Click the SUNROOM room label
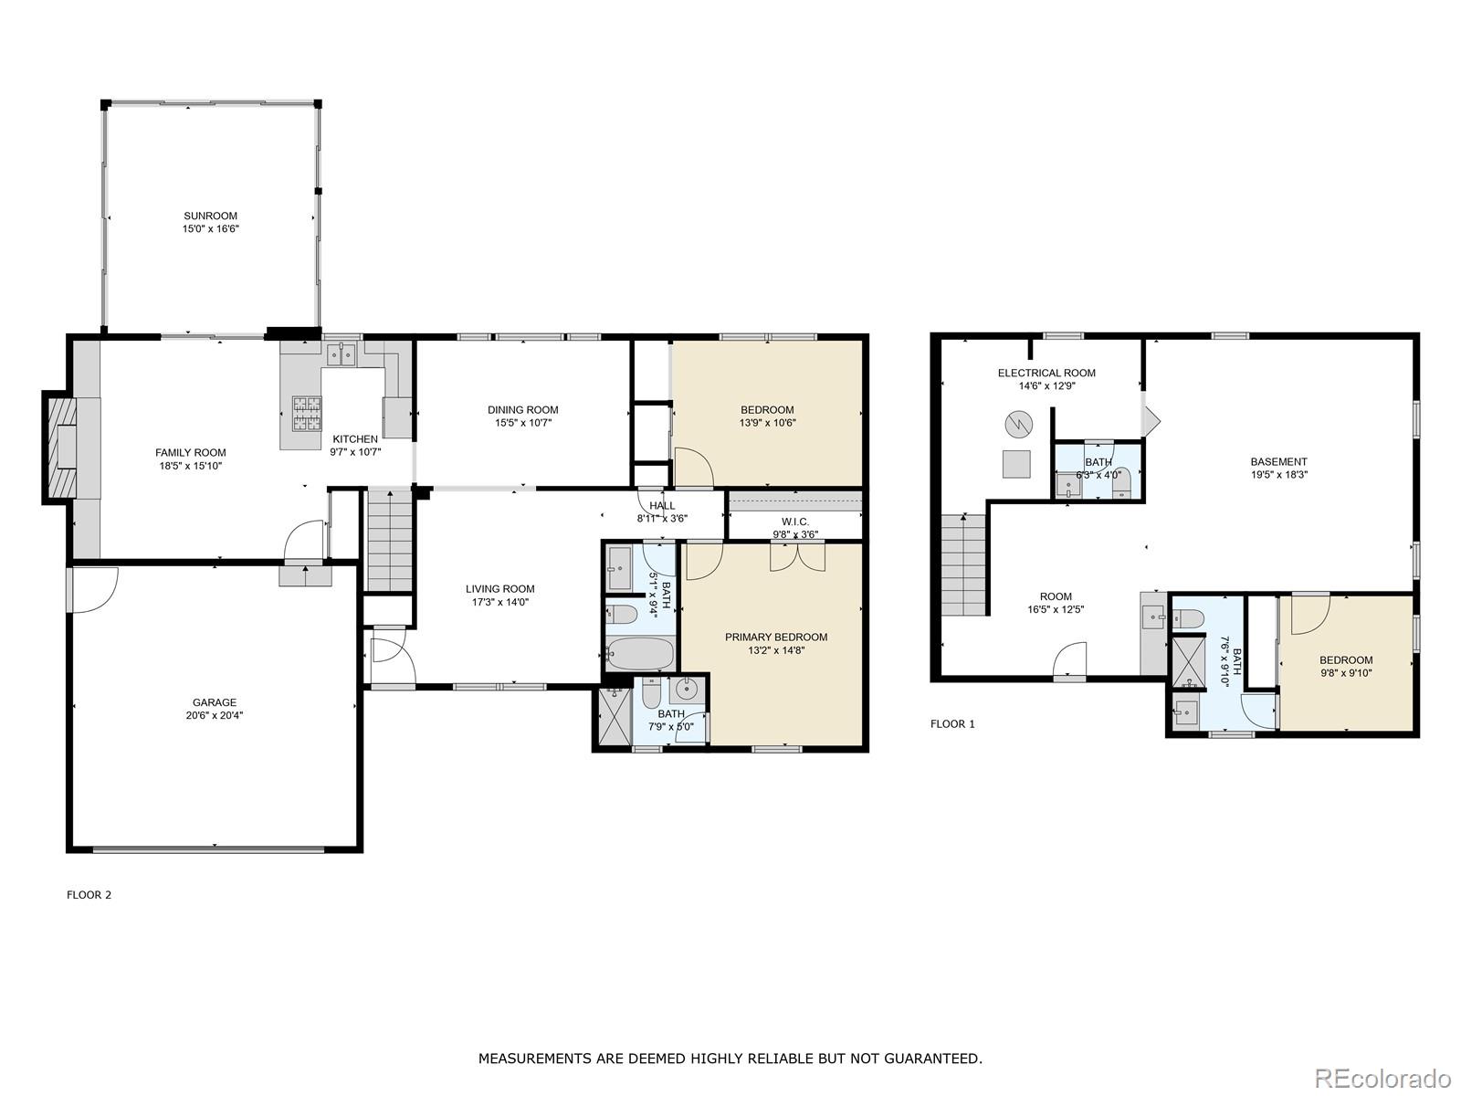pos(210,216)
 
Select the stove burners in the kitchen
pos(307,413)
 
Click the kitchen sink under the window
pos(342,353)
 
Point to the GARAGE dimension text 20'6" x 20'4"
pos(214,716)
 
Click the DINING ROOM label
pos(522,410)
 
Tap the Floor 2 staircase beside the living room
pos(390,541)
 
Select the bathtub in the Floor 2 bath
pos(638,654)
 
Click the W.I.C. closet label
pos(794,522)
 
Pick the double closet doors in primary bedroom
pos(797,556)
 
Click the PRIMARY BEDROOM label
pos(776,638)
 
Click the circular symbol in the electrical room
pos(1018,424)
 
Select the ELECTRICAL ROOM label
pos(1046,373)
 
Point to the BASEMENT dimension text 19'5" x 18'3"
pos(1278,475)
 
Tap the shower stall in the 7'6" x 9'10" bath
pos(1189,659)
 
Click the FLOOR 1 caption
pos(952,724)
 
